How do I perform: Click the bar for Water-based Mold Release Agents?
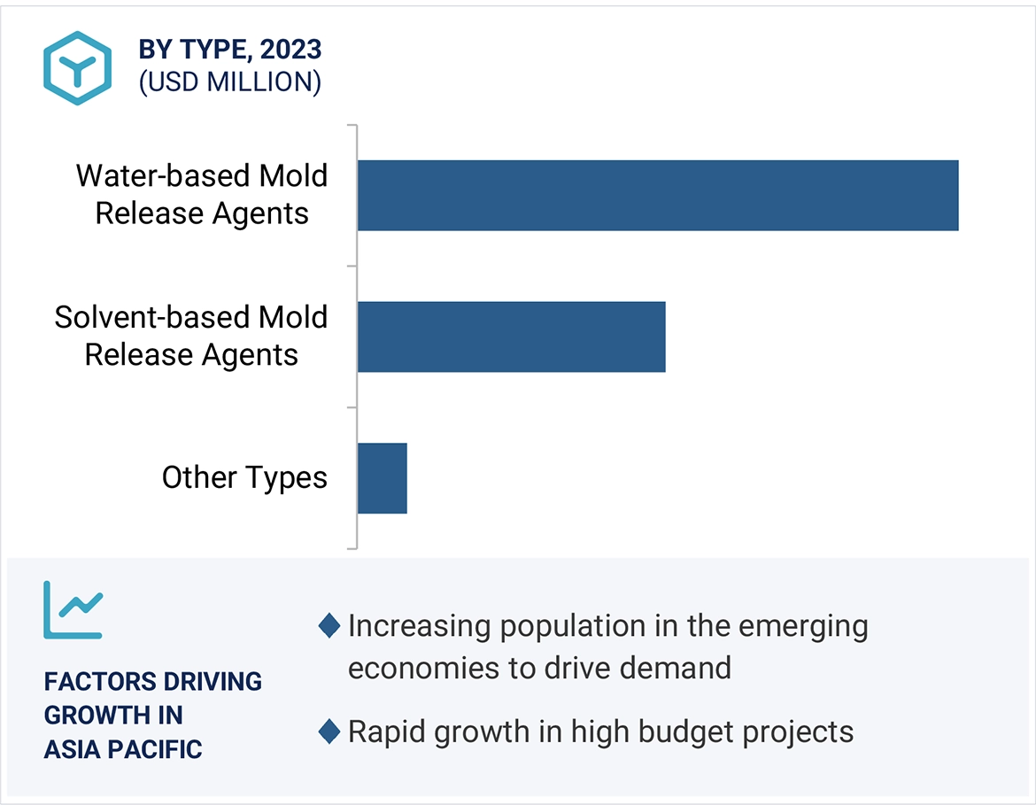657,196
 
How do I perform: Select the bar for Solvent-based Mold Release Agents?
511,337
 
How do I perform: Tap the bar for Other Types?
382,478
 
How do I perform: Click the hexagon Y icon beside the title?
77,68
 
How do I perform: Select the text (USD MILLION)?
229,82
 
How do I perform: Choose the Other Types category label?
244,477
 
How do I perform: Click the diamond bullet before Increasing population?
329,626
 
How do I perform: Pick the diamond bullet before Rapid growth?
329,732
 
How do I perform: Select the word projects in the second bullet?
799,731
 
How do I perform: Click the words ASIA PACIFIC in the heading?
123,749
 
